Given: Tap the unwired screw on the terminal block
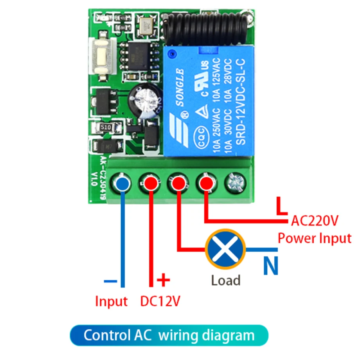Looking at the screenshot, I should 233,183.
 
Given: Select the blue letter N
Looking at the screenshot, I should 270,266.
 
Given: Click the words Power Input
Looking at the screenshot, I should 315,238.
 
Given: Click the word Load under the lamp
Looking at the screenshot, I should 225,280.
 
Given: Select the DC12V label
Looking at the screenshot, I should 161,301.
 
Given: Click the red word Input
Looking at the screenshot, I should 112,301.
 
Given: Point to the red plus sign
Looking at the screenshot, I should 164,280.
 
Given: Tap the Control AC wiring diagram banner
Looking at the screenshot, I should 169,335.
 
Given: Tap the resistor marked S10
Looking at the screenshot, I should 104,127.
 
